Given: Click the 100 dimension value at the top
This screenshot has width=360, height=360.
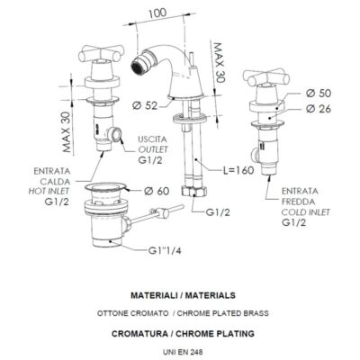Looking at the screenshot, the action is point(157,13).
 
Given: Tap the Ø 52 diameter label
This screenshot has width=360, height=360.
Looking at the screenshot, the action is point(145,105).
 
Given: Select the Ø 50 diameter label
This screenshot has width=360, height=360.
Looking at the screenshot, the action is point(319,94).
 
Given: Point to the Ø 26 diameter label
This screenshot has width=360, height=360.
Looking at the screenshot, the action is point(319,109).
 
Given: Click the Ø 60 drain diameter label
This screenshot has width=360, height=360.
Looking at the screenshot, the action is point(157,191).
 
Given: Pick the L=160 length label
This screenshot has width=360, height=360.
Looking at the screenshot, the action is point(238,170).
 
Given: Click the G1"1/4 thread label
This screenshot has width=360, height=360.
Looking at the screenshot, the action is point(165,250).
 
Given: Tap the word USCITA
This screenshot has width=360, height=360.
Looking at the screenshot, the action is point(152,139).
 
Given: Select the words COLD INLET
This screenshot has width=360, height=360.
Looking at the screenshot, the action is point(305,212).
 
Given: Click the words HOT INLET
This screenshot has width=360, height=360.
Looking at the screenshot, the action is point(49,191).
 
